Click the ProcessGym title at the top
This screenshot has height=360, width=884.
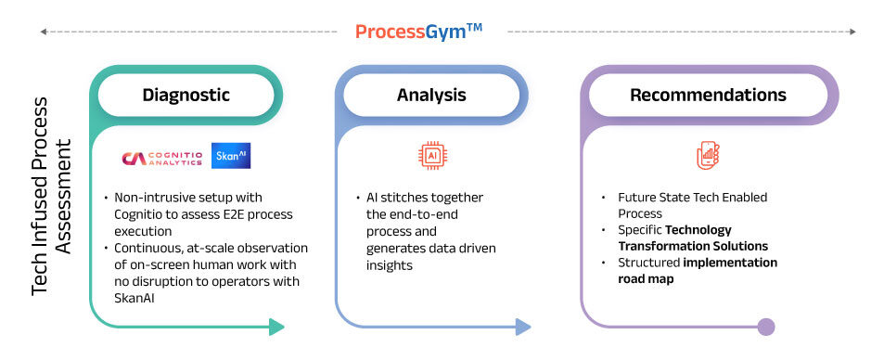[x=418, y=31]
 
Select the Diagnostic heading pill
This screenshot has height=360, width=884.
[x=186, y=96]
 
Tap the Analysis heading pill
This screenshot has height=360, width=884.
[x=431, y=96]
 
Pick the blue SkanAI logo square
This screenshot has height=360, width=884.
[x=231, y=156]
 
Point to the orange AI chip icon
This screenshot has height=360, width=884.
[x=431, y=155]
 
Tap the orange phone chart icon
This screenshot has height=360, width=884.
[x=709, y=156]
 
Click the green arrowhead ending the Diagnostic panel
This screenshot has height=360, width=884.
[x=275, y=327]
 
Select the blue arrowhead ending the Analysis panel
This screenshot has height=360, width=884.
[x=522, y=327]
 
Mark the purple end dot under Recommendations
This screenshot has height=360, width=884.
[x=765, y=327]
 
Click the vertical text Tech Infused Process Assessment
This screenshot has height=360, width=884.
[x=52, y=217]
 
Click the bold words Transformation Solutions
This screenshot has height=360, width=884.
[x=693, y=246]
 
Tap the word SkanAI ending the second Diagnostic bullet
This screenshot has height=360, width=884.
[x=137, y=297]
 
